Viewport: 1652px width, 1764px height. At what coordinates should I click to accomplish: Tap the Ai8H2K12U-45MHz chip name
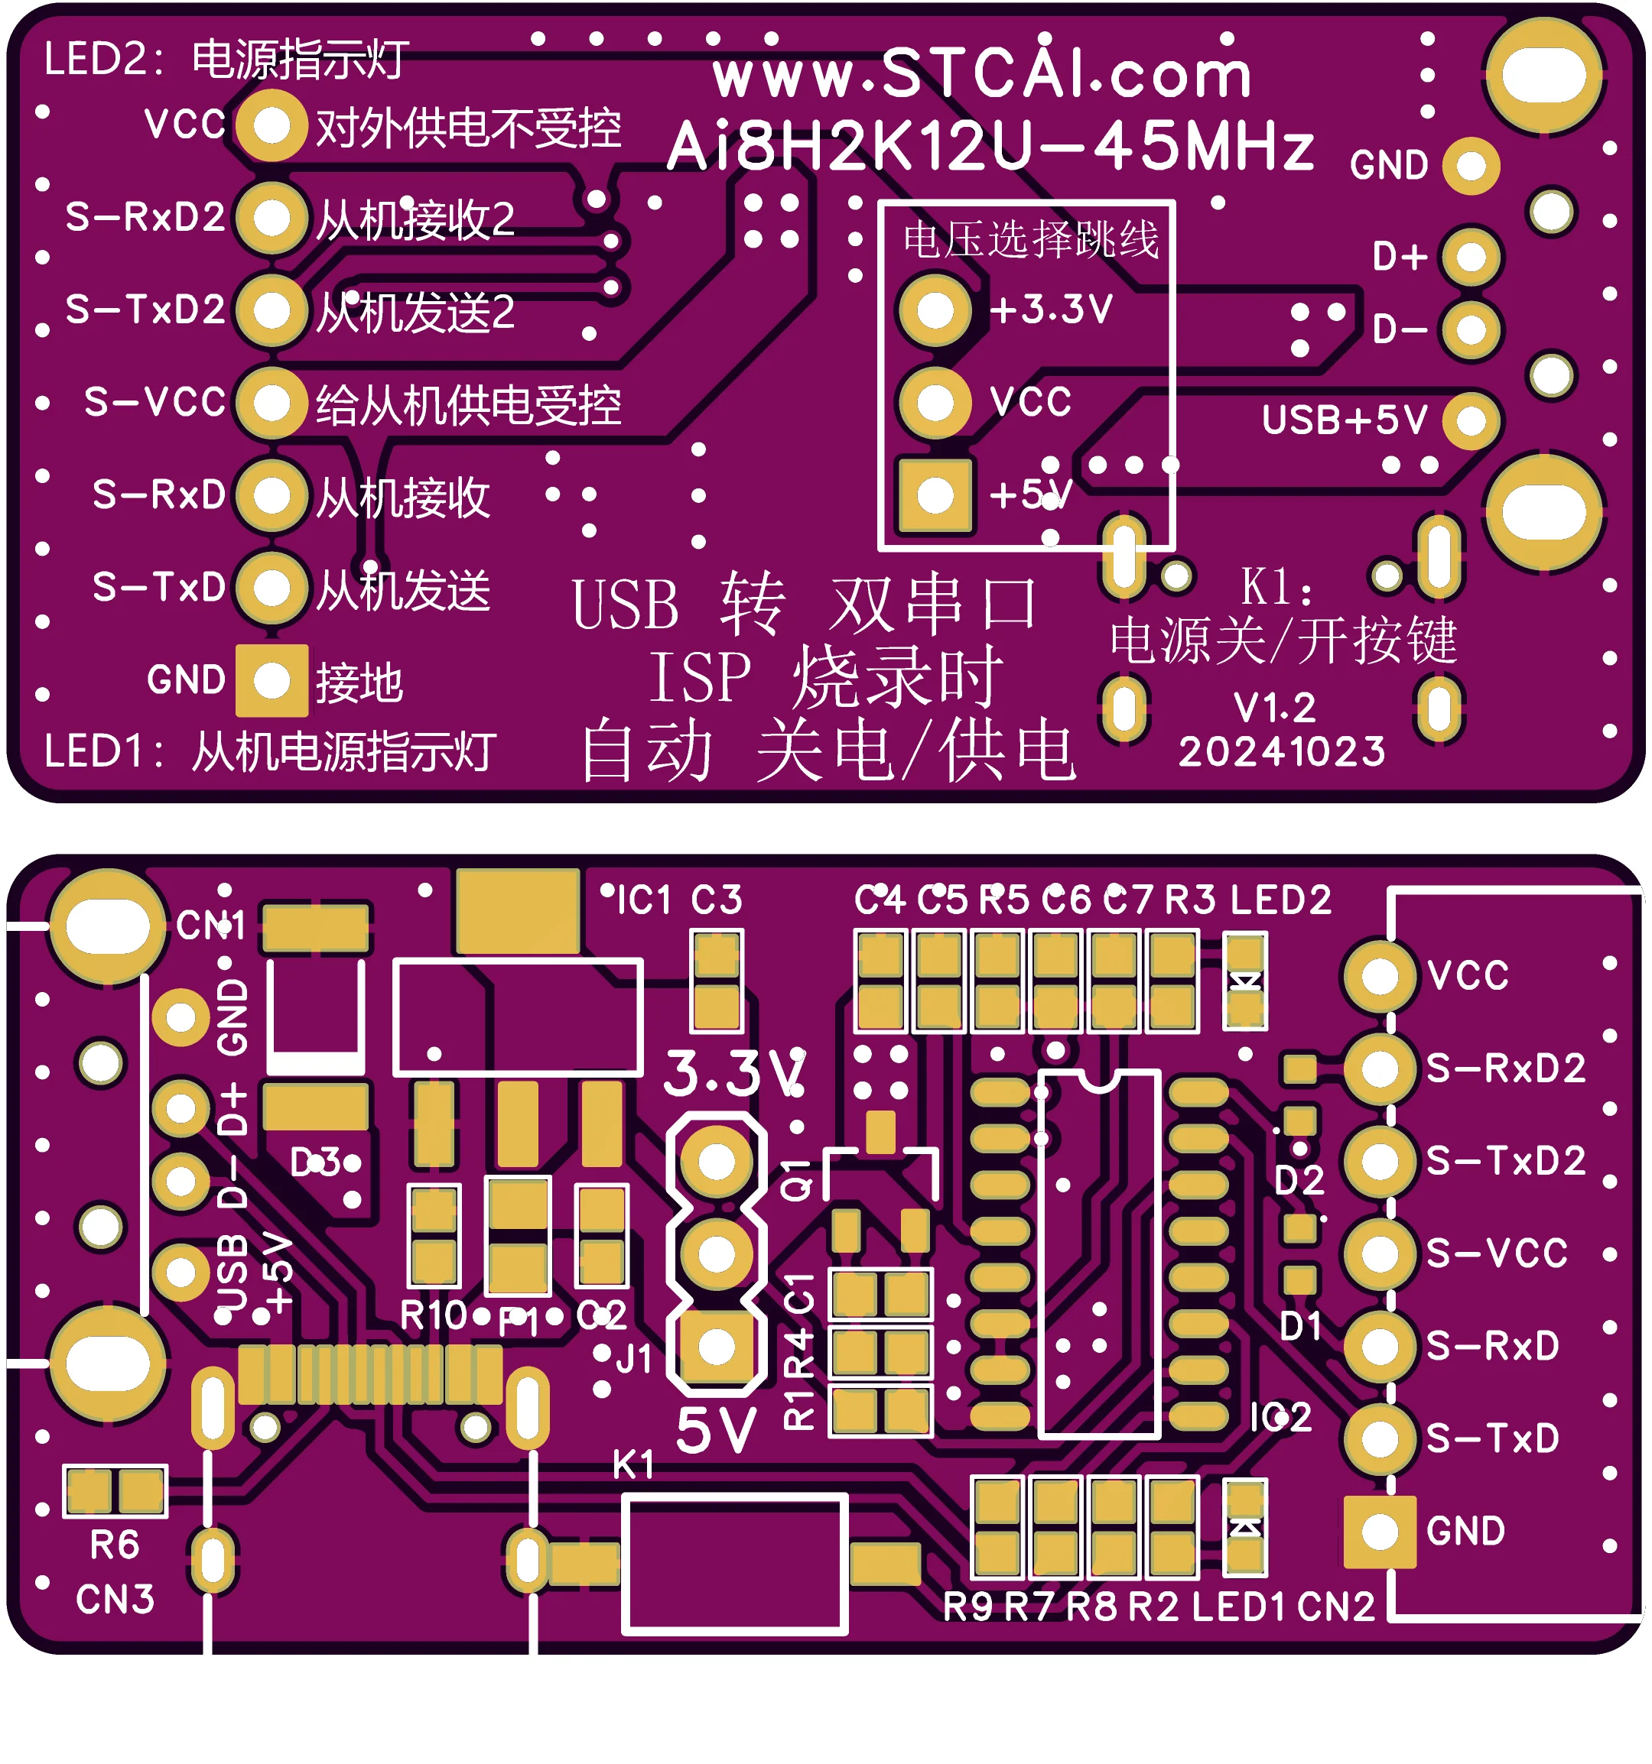click(990, 147)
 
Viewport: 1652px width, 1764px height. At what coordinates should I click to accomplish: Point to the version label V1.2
click(1275, 708)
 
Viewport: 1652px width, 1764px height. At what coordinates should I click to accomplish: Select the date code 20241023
click(1282, 751)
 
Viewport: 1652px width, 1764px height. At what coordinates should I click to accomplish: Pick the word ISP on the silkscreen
click(700, 677)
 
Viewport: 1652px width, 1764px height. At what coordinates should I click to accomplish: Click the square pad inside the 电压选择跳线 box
click(935, 495)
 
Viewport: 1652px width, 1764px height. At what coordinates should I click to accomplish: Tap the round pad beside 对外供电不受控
click(272, 125)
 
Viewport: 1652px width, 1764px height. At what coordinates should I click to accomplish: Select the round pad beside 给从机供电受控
click(272, 403)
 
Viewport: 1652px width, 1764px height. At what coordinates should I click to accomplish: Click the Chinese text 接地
click(359, 683)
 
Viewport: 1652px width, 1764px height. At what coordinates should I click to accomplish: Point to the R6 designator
click(115, 1545)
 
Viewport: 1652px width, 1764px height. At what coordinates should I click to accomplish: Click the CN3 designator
click(115, 1599)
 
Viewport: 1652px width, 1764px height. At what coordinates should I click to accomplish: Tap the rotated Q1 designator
click(796, 1179)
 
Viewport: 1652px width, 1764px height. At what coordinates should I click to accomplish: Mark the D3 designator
click(315, 1162)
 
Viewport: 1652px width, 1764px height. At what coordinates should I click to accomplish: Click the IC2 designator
click(1280, 1417)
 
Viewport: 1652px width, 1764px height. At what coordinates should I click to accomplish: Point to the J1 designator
click(634, 1360)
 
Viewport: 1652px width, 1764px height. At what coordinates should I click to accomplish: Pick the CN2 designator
click(1335, 1606)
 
